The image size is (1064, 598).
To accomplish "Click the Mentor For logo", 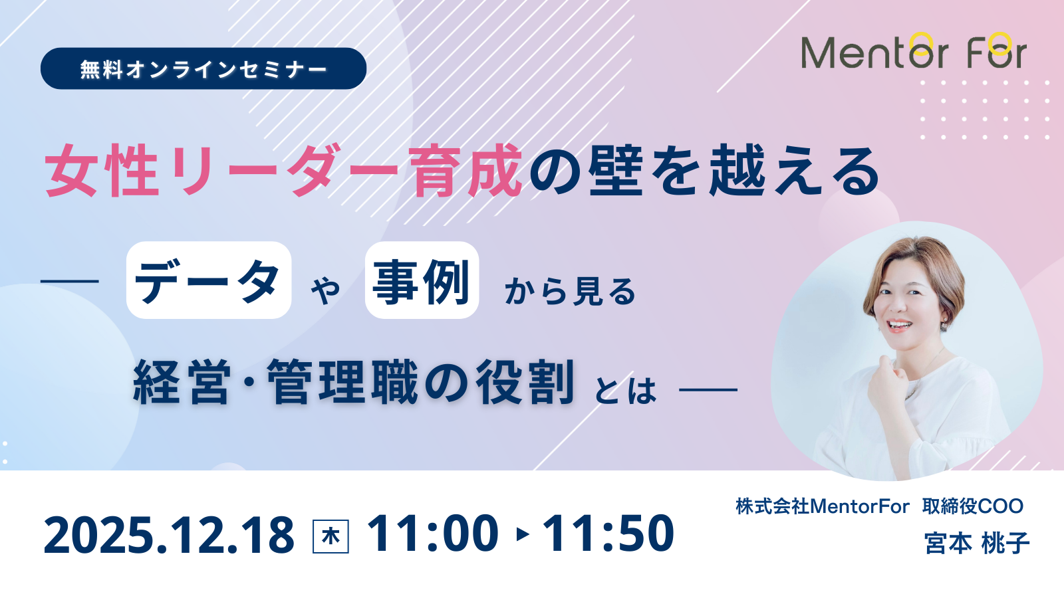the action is coord(914,50).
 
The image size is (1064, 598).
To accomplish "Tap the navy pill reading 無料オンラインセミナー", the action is coord(203,68).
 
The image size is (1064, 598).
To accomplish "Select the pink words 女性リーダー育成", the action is coord(283,171).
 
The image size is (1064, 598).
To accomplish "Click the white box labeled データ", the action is coord(209,280).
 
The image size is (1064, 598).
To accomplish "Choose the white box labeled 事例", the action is coord(422,280).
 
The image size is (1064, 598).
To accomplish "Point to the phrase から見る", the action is coord(570,290).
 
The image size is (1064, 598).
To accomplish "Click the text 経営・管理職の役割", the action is coord(354,382).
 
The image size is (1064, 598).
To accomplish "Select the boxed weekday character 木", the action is coord(331,536).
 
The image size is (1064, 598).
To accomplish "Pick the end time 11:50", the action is coord(608,534).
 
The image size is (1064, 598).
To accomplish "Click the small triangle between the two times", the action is coord(523,534).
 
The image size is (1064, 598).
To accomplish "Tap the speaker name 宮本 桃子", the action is coord(977,544).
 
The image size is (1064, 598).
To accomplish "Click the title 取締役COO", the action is coord(973,506).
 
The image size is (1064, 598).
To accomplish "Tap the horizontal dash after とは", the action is coord(708,389).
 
